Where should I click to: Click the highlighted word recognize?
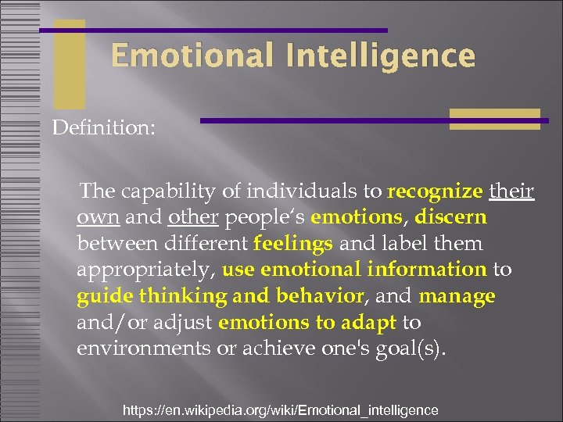coord(435,191)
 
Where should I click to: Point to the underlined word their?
coord(511,191)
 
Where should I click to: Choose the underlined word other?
coord(191,217)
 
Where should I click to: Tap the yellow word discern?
coord(452,217)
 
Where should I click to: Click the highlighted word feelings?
coord(293,244)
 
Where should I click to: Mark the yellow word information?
coord(427,270)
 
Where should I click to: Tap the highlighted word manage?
coord(457,297)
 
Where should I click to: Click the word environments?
coord(146,349)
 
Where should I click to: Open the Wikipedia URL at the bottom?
coord(281,409)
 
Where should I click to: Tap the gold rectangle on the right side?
coord(494,119)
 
